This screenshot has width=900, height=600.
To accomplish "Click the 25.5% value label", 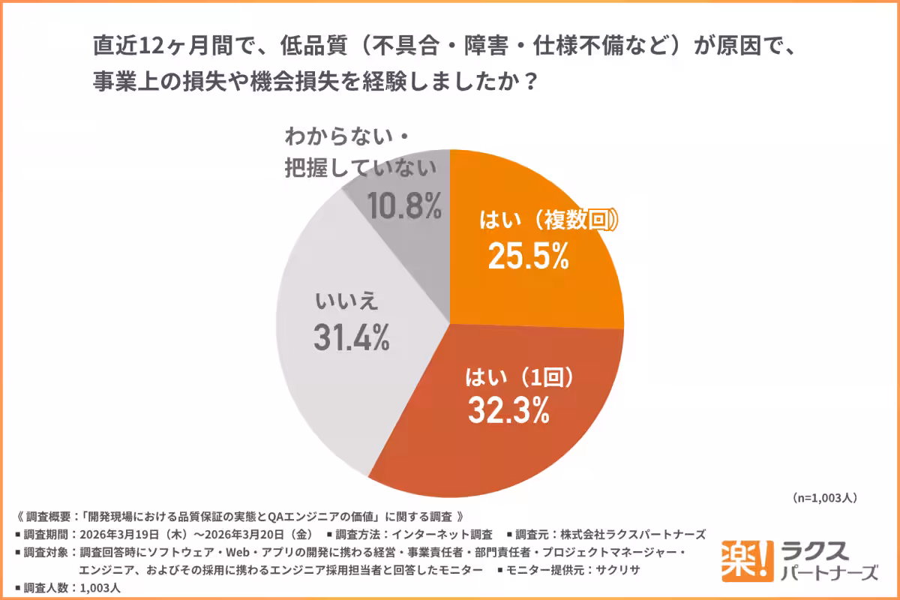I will tap(528, 256).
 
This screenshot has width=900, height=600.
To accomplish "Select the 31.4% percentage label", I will tap(351, 339).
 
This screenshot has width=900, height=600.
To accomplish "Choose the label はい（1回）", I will tap(514, 374).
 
